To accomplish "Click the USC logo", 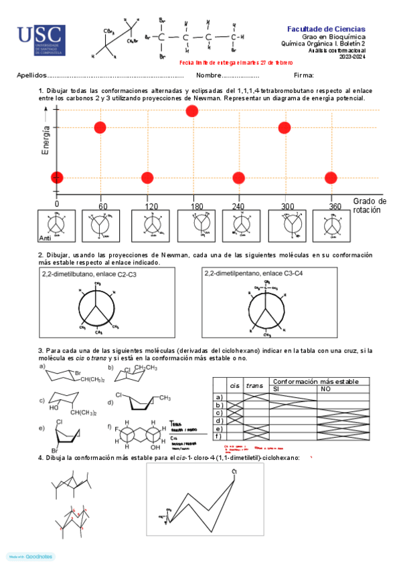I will (42, 41).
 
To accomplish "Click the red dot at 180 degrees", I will (192, 111).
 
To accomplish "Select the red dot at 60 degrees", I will (100, 127).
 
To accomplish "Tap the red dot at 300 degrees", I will (285, 127).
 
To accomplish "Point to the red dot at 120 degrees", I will (147, 177).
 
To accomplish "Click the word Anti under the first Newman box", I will (46, 237).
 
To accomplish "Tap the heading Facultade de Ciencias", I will (326, 29).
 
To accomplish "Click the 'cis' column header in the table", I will (234, 385).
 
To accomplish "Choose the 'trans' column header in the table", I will (254, 385).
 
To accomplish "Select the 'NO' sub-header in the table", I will (326, 388).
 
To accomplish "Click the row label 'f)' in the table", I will (218, 436).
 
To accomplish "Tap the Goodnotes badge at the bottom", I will (31, 556).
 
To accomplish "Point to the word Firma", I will (303, 76).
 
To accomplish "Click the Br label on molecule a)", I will (77, 372).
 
